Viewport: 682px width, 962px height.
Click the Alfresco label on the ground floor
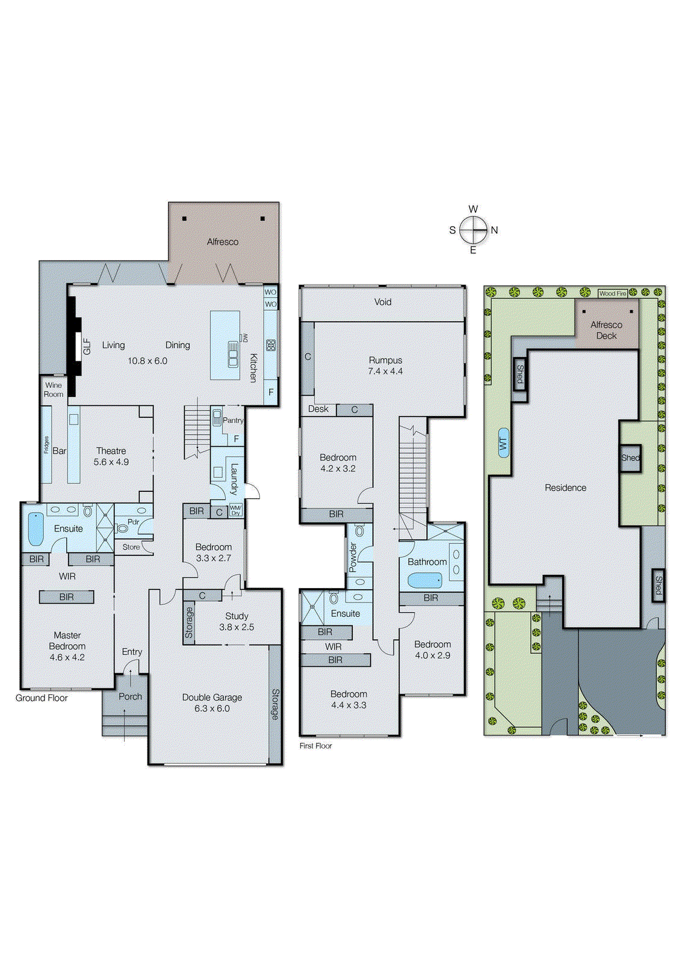click(223, 242)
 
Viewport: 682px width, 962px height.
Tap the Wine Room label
click(54, 390)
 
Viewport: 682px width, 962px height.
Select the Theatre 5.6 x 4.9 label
click(111, 456)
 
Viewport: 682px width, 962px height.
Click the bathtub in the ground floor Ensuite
click(36, 529)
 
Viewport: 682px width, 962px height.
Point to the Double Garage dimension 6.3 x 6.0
click(212, 709)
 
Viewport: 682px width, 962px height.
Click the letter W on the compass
click(473, 209)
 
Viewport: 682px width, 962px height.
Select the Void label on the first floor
click(383, 302)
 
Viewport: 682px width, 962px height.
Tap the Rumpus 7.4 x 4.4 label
click(385, 366)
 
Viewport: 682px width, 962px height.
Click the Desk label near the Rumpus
click(318, 409)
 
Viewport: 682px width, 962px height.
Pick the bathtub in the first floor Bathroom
click(424, 580)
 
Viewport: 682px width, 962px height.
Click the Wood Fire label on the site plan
click(613, 293)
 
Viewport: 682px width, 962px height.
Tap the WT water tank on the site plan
click(503, 444)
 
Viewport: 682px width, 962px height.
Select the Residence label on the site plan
click(565, 488)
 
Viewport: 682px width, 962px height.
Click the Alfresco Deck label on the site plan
click(606, 330)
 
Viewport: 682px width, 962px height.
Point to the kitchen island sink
click(232, 354)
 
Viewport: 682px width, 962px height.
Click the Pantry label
click(233, 420)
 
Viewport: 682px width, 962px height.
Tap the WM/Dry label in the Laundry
click(235, 510)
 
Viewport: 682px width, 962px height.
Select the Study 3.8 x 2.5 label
click(237, 621)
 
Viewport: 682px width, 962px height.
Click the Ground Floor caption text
click(42, 698)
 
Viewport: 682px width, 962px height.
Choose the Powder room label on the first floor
click(353, 557)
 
